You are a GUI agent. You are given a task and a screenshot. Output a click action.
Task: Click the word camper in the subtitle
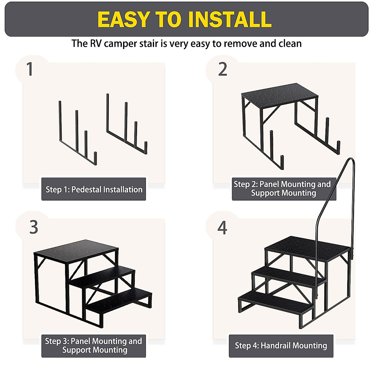pyautogui.click(x=121, y=44)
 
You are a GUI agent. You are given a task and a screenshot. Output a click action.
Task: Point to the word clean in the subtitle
pyautogui.click(x=290, y=43)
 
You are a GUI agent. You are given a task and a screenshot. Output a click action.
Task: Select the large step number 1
pyautogui.click(x=29, y=69)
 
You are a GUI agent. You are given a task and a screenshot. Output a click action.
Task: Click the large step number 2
pyautogui.click(x=223, y=69)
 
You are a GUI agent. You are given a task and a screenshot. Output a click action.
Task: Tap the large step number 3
pyautogui.click(x=33, y=227)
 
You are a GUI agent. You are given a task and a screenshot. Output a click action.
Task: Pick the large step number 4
pyautogui.click(x=222, y=228)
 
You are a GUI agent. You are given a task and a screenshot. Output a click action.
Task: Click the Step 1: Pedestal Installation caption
pyautogui.click(x=94, y=190)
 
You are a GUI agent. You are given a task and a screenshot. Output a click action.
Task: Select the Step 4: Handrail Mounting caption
pyautogui.click(x=281, y=346)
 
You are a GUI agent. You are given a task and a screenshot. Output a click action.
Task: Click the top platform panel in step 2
pyautogui.click(x=280, y=95)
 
